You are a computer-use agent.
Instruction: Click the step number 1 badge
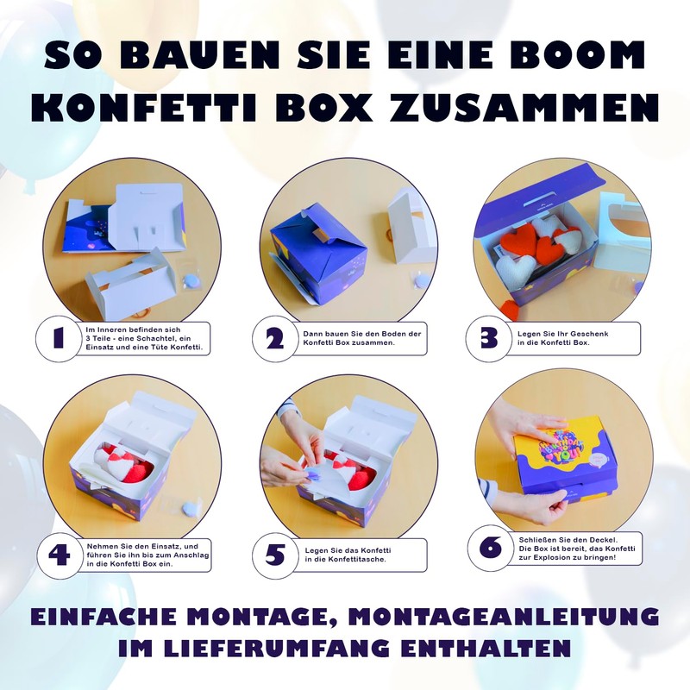pyautogui.click(x=59, y=338)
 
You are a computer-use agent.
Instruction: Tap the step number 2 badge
pyautogui.click(x=274, y=338)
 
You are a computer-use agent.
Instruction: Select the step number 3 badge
pyautogui.click(x=490, y=338)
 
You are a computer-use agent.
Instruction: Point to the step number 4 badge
pyautogui.click(x=59, y=555)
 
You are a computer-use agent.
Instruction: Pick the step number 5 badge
pyautogui.click(x=274, y=555)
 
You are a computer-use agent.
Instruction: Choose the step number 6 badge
pyautogui.click(x=490, y=547)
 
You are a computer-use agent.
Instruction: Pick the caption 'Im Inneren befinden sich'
pyautogui.click(x=144, y=338)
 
